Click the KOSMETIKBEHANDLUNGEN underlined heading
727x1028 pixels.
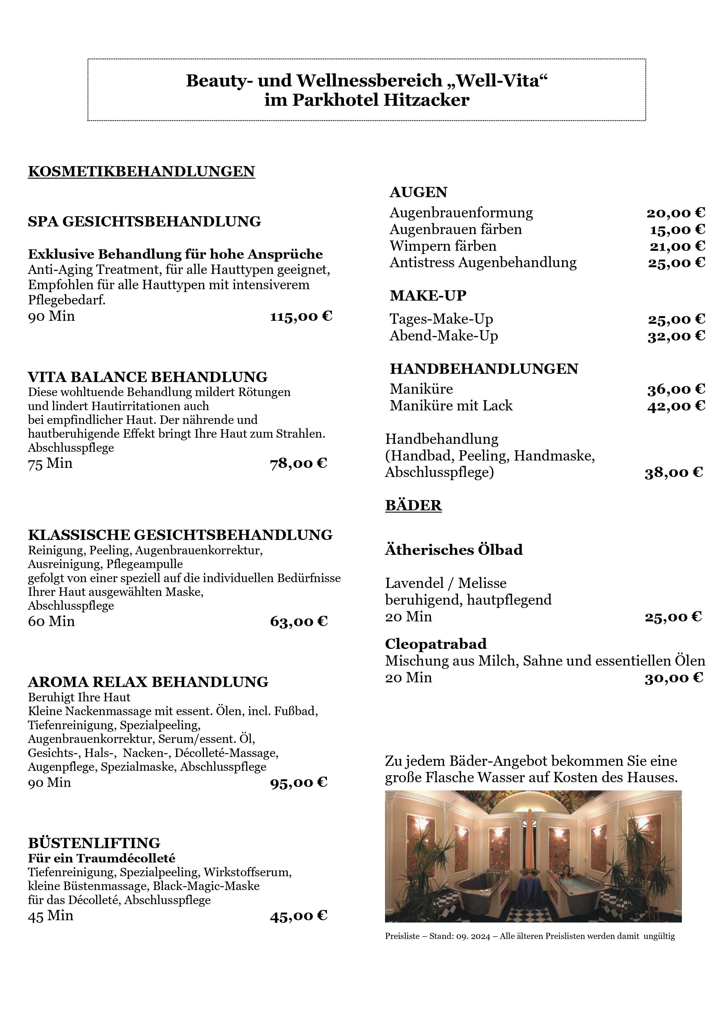141,171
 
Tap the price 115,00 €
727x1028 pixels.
301,317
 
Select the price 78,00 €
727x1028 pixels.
298,463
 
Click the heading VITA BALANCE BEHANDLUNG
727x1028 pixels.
147,376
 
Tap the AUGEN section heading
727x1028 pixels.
418,192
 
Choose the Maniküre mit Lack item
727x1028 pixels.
451,406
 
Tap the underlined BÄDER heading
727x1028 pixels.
413,505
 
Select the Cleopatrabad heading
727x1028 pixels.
435,644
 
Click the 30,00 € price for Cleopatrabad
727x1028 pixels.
674,678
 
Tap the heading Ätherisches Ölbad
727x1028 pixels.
454,550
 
